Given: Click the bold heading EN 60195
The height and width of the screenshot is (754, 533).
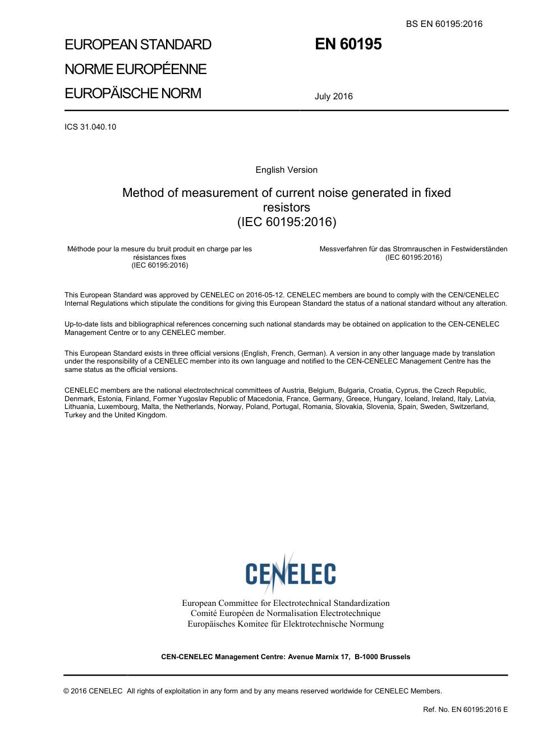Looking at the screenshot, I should (348, 44).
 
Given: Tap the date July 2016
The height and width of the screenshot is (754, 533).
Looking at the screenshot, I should (333, 96).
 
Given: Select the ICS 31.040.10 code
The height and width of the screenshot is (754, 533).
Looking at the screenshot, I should (90, 127).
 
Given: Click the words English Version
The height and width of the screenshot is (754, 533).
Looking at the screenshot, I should (286, 170).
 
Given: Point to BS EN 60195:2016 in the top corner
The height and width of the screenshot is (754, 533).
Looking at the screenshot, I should (444, 24).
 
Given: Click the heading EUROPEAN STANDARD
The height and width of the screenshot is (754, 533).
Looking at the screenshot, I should (138, 45).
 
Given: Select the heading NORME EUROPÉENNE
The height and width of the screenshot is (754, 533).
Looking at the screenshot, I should (136, 69).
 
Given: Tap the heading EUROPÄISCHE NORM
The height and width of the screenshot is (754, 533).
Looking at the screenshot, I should (133, 93).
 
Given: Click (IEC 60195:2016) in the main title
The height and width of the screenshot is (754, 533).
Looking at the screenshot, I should (287, 222).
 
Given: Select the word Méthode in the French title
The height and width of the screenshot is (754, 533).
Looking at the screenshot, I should (81, 249).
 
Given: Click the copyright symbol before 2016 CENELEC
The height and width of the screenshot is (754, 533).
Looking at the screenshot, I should (67, 691).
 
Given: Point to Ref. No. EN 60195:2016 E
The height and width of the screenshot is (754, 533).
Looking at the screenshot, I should (465, 710).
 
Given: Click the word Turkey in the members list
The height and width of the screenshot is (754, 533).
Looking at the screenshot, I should (75, 415).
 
